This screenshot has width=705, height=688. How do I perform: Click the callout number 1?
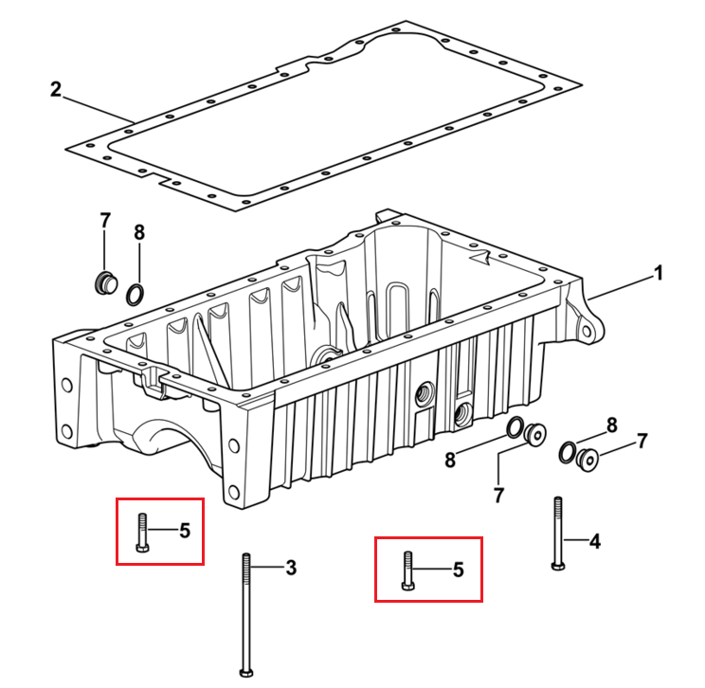point(659,274)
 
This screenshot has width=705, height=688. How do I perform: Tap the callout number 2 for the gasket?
point(55,89)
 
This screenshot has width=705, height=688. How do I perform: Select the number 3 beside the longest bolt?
point(291,568)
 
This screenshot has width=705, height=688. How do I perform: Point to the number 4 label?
point(595,541)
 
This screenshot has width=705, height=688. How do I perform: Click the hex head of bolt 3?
point(246,672)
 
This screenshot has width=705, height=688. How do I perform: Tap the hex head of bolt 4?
point(558,566)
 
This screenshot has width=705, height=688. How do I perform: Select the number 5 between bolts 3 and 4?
point(459,570)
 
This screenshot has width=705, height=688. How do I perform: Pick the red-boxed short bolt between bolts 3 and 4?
point(407,571)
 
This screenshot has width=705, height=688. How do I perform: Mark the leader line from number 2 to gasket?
point(98,109)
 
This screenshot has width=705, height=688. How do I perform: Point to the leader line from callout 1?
point(620,288)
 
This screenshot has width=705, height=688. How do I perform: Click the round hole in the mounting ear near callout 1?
point(587,332)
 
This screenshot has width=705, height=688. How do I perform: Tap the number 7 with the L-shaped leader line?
point(498,496)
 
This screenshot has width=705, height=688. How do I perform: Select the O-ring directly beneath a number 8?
point(136,294)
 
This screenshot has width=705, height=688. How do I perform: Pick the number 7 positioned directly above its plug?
point(105,221)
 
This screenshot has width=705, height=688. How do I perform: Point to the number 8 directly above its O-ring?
point(139,233)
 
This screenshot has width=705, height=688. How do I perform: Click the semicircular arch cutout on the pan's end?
point(169,434)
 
